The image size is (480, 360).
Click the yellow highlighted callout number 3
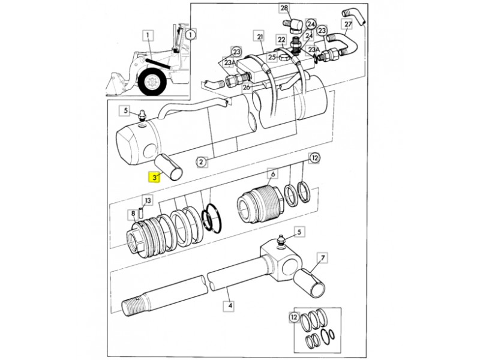click(x=154, y=177)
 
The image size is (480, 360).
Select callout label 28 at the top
click(x=284, y=8)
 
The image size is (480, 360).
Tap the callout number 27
click(x=348, y=24)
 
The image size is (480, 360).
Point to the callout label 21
click(x=260, y=37)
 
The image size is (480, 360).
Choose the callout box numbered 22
click(x=281, y=40)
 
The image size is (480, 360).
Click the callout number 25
click(x=272, y=57)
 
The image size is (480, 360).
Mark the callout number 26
click(x=247, y=88)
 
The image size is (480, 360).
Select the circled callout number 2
click(x=201, y=161)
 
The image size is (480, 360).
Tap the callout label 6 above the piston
click(x=272, y=174)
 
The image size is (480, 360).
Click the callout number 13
click(x=148, y=201)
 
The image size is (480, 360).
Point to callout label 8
click(x=133, y=214)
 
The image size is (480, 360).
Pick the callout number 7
click(x=322, y=258)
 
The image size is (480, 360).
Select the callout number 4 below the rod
click(x=230, y=305)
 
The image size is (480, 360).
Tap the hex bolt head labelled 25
click(x=283, y=58)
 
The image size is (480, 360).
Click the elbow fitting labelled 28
click(x=294, y=25)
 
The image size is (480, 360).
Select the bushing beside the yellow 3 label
click(x=168, y=168)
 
